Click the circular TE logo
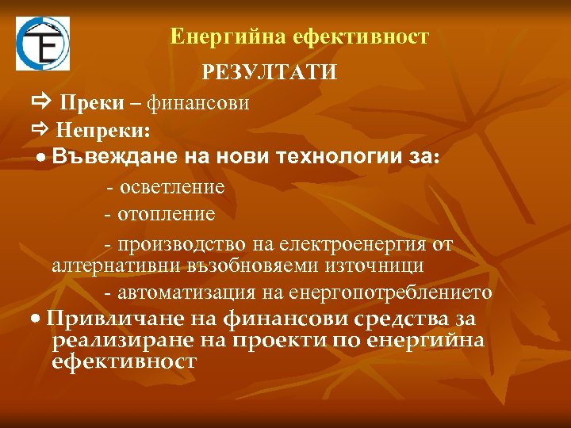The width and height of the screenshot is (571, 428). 43,44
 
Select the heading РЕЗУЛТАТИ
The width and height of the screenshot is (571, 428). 270,73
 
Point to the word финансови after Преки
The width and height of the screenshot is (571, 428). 198,103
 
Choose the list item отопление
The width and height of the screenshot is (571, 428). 166,214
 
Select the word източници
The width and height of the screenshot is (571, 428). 379,265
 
